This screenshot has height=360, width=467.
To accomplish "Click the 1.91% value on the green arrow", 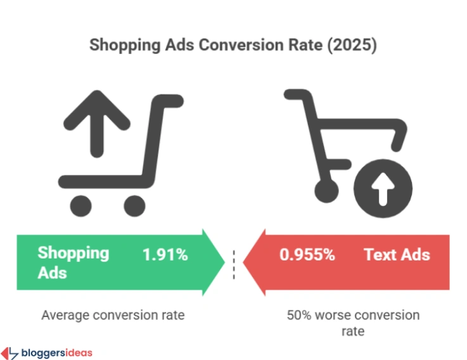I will point(165,255).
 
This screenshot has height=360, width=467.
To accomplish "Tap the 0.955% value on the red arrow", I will point(307,255).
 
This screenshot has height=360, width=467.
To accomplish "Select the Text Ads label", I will point(397,255).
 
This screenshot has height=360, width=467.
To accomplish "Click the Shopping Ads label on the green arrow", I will point(73,262).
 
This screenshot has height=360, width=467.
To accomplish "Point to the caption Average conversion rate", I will point(113,315).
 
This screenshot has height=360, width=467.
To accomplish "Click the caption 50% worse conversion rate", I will point(352,323).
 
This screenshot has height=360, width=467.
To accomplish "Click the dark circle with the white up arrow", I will point(382,190).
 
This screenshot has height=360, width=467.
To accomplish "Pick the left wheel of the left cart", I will point(80,204).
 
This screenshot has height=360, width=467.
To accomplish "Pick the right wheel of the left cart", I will point(134,204).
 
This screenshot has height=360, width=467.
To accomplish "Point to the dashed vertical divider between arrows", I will point(234,263).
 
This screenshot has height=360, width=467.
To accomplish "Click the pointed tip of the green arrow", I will point(224,262).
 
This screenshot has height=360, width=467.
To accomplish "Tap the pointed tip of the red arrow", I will point(245,262).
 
